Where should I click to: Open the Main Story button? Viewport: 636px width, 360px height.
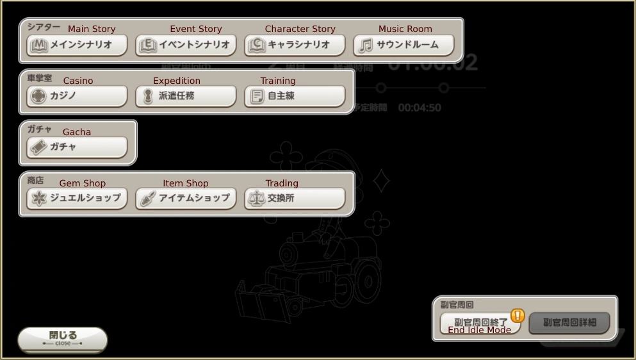coord(77,45)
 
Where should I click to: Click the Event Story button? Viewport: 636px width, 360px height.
coord(186,45)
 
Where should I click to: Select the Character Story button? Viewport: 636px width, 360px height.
coord(295,45)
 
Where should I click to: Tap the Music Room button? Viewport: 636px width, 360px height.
coord(404,45)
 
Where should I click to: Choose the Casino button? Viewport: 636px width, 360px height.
coord(77,96)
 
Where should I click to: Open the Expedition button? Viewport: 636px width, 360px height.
coord(186,96)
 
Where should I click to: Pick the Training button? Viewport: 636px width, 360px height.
coord(295,96)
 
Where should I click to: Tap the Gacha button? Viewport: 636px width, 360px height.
coord(77,147)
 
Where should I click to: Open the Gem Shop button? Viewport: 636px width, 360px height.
coord(77,198)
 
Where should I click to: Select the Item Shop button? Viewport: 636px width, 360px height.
coord(186,198)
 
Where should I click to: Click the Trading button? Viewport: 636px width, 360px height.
coord(295,198)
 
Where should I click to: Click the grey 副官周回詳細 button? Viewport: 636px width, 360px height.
coord(569,323)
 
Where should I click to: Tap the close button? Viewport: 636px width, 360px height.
coord(62,339)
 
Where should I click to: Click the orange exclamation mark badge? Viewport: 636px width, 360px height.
coord(518,315)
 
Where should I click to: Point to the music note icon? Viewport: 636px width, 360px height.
coord(366,45)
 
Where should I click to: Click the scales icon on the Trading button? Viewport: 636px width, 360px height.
coord(256,199)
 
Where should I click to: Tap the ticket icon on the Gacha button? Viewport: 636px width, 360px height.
coord(38,147)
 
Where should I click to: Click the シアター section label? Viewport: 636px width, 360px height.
coord(44,27)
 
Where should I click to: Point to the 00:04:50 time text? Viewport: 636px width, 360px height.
coord(420,108)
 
